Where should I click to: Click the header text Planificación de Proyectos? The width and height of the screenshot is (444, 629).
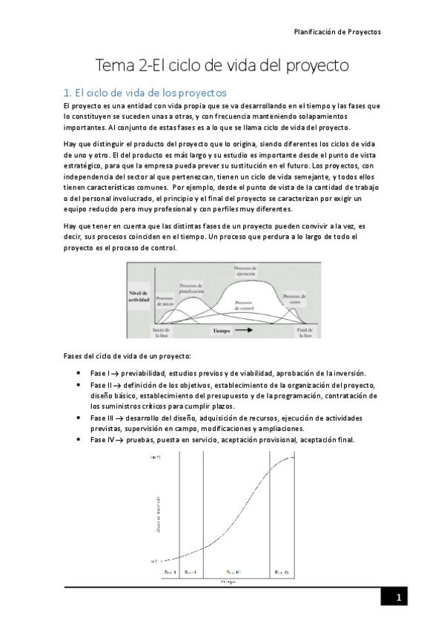(x=337, y=33)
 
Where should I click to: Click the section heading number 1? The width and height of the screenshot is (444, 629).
(x=67, y=93)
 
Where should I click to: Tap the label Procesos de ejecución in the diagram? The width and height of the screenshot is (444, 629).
(x=245, y=270)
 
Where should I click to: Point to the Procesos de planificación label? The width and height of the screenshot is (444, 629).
(x=192, y=289)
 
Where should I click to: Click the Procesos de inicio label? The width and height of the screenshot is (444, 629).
(x=165, y=300)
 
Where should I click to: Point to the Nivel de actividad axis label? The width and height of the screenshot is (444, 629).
(x=139, y=296)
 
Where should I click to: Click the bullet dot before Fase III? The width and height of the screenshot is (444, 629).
(x=79, y=418)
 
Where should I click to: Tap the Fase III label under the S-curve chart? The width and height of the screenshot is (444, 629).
(x=233, y=572)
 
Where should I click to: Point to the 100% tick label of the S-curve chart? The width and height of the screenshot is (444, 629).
(x=156, y=458)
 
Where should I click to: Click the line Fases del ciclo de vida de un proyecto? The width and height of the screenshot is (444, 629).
(x=127, y=357)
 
